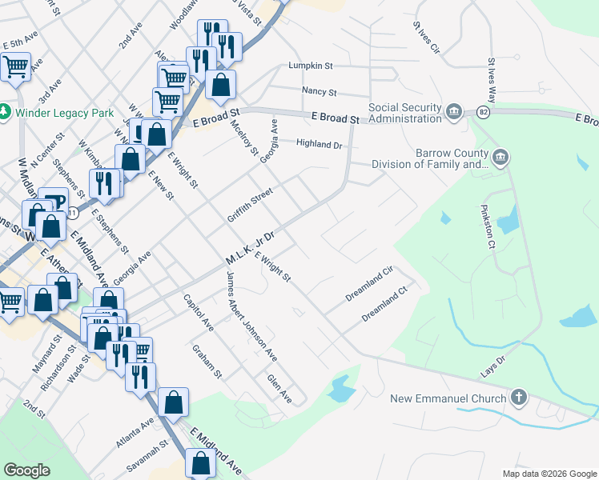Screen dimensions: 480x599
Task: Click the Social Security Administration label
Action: tap(404, 114)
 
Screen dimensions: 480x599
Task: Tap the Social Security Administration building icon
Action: tap(454, 110)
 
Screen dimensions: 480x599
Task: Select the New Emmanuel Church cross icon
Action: tap(519, 397)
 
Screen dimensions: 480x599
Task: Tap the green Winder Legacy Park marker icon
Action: tap(6, 112)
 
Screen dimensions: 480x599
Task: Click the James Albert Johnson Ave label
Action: tap(251, 316)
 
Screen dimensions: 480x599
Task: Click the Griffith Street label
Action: tap(250, 206)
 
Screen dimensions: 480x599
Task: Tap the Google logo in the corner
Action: tap(27, 470)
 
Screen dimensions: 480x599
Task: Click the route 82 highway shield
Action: tap(483, 111)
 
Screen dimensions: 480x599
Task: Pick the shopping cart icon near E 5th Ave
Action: tap(15, 67)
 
